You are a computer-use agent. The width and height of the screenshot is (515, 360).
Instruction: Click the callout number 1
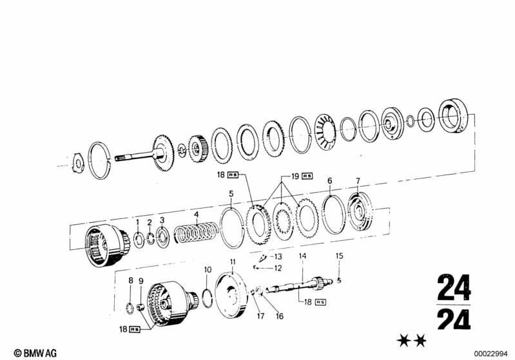point(137,222)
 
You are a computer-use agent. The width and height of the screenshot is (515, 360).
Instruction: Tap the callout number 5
point(231,193)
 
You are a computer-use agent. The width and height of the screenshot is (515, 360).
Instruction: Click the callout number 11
point(233,261)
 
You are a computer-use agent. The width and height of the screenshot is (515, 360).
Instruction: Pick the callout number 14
point(301,256)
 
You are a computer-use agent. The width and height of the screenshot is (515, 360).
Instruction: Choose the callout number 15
point(339,256)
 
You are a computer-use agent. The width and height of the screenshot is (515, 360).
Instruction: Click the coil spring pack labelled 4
point(195,234)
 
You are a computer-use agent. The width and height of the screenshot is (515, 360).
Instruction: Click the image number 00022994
point(492,352)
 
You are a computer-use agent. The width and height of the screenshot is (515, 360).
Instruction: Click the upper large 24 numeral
point(453,288)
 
